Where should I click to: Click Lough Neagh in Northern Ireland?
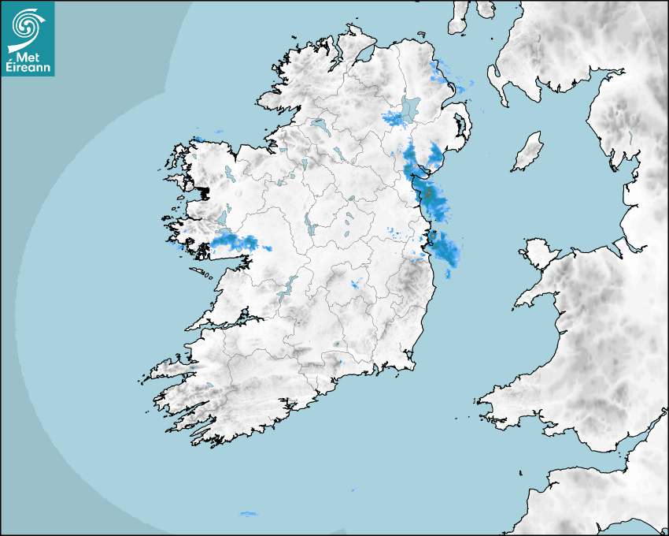(x=411, y=108)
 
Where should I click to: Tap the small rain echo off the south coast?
(x=249, y=514)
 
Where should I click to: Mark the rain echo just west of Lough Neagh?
(x=394, y=119)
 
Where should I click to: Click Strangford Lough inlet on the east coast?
(x=459, y=127)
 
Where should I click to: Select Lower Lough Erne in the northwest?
(x=319, y=125)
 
